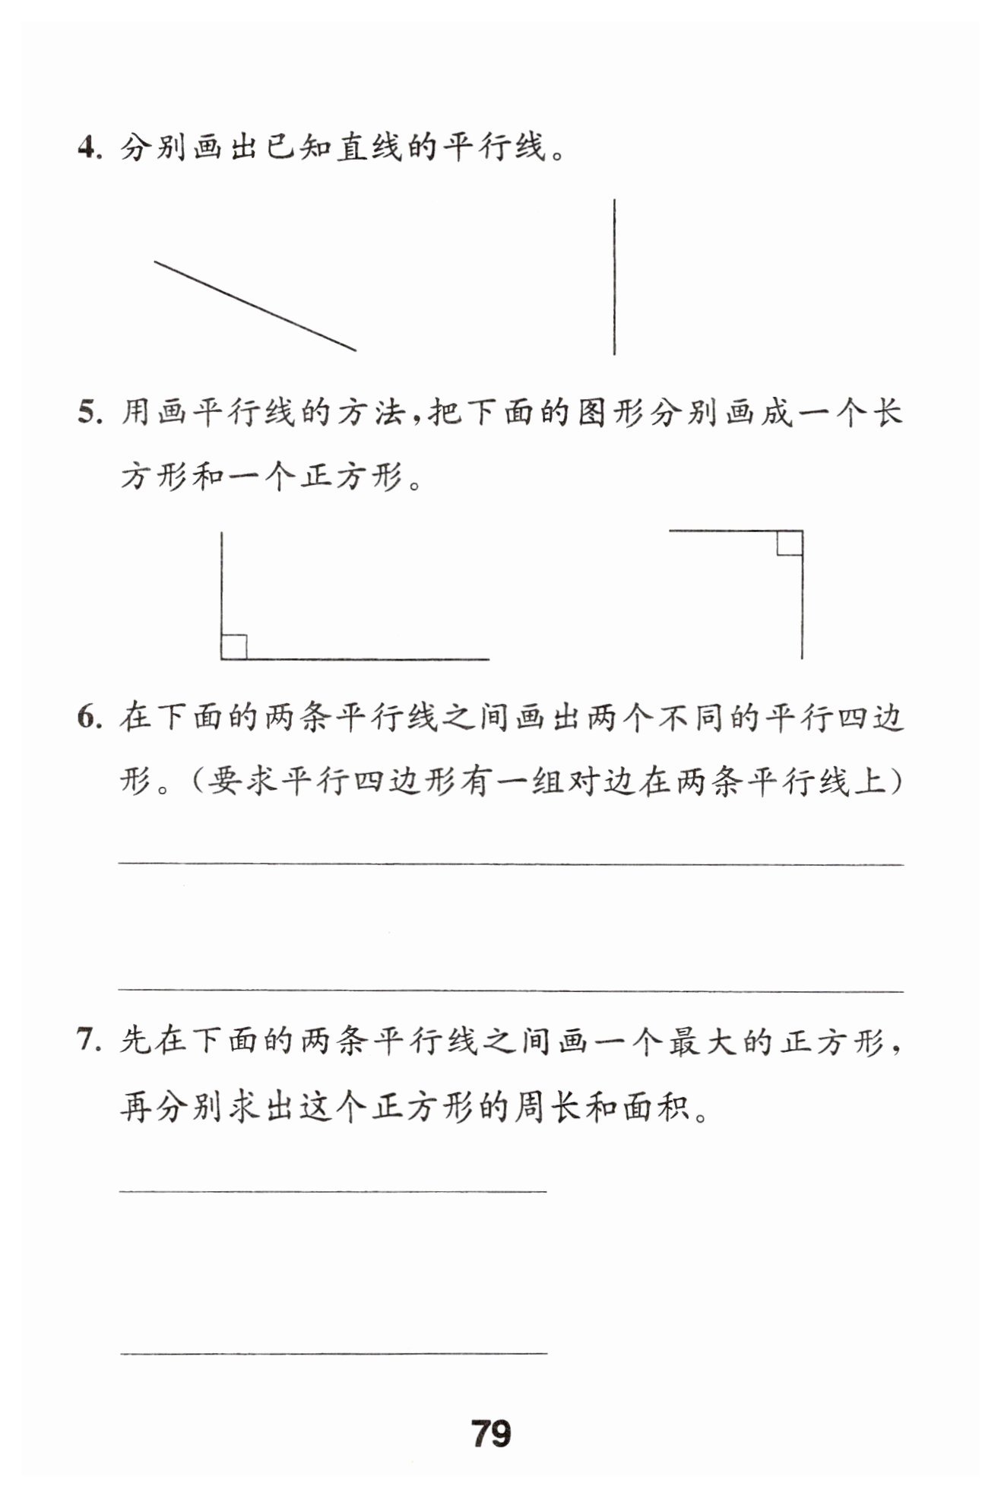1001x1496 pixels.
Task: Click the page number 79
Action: (x=491, y=1433)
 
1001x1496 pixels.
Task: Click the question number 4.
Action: (x=88, y=147)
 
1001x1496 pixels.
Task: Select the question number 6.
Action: (x=88, y=717)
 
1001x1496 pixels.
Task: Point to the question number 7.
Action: (x=88, y=1040)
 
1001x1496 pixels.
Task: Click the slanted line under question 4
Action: (x=255, y=306)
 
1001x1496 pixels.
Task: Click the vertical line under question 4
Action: (x=614, y=277)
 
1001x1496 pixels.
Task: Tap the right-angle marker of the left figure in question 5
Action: (x=233, y=647)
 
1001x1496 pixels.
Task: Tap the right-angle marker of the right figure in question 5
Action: (x=790, y=544)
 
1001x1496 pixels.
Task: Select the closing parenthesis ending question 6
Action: (x=897, y=781)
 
